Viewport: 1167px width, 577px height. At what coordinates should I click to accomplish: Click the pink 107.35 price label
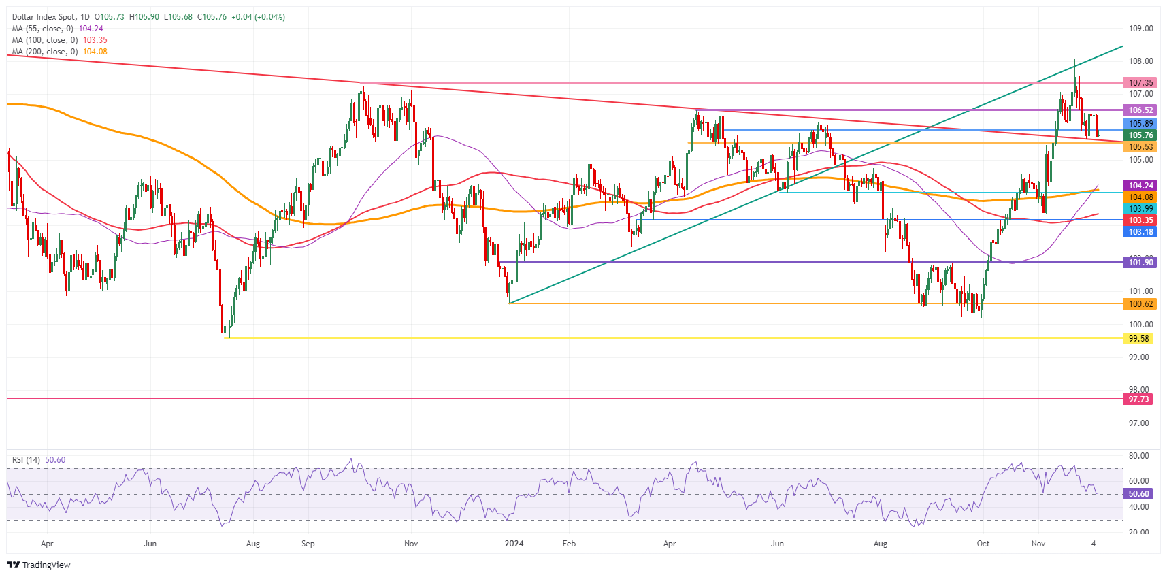1140,83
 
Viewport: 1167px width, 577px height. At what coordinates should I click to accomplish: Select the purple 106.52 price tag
1140,110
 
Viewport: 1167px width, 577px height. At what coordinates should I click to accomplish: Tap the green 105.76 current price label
1140,135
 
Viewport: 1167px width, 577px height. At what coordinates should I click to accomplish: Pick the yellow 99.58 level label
1138,339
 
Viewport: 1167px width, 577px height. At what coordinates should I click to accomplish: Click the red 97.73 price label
1138,399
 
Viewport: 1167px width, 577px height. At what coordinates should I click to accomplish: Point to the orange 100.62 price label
1140,304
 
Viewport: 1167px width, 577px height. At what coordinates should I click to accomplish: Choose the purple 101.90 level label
1140,263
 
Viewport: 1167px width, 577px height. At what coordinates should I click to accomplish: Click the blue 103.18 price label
1140,232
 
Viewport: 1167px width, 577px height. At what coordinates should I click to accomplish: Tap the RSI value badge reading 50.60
1138,494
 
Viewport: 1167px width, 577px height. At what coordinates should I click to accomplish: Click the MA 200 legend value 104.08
95,52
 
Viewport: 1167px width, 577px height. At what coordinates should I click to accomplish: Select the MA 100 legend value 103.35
95,40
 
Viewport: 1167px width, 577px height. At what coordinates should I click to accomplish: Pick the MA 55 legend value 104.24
91,29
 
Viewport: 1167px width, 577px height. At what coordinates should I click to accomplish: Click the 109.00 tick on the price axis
1140,29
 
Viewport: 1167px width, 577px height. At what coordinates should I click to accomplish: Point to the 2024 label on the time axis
514,544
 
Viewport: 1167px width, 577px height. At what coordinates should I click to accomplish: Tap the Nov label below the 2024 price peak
1038,544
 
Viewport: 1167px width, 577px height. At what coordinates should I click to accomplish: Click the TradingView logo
39,565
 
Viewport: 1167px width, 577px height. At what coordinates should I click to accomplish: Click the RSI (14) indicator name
26,460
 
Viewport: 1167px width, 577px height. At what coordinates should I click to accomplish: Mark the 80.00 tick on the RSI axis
1138,456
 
